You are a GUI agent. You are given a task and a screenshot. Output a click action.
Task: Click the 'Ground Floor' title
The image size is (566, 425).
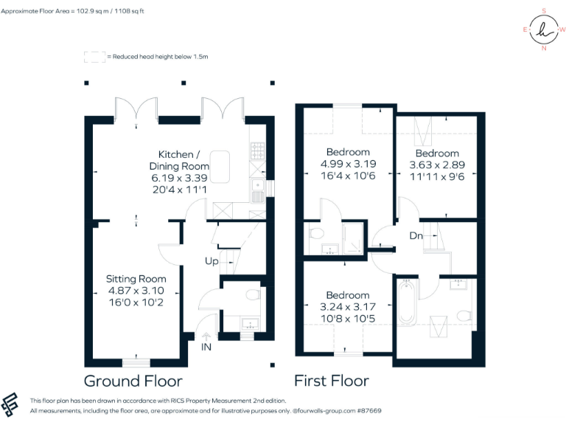pos(133,381)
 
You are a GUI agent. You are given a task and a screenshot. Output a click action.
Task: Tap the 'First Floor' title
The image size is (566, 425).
pos(331,381)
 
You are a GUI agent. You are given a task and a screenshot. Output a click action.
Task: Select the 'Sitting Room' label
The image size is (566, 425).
pos(136,279)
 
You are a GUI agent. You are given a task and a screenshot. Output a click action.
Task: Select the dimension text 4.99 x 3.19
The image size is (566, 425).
pos(348,165)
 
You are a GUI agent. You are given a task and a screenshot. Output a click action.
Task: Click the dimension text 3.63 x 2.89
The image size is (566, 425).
pos(437,165)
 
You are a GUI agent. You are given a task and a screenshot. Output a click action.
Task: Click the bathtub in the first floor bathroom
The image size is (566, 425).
pos(407,302)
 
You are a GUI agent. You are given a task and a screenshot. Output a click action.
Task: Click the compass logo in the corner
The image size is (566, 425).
pos(544,30)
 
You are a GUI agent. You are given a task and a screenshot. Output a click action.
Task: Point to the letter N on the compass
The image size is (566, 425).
pos(544,49)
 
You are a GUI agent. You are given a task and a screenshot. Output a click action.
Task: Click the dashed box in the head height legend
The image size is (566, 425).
pos(94,56)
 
